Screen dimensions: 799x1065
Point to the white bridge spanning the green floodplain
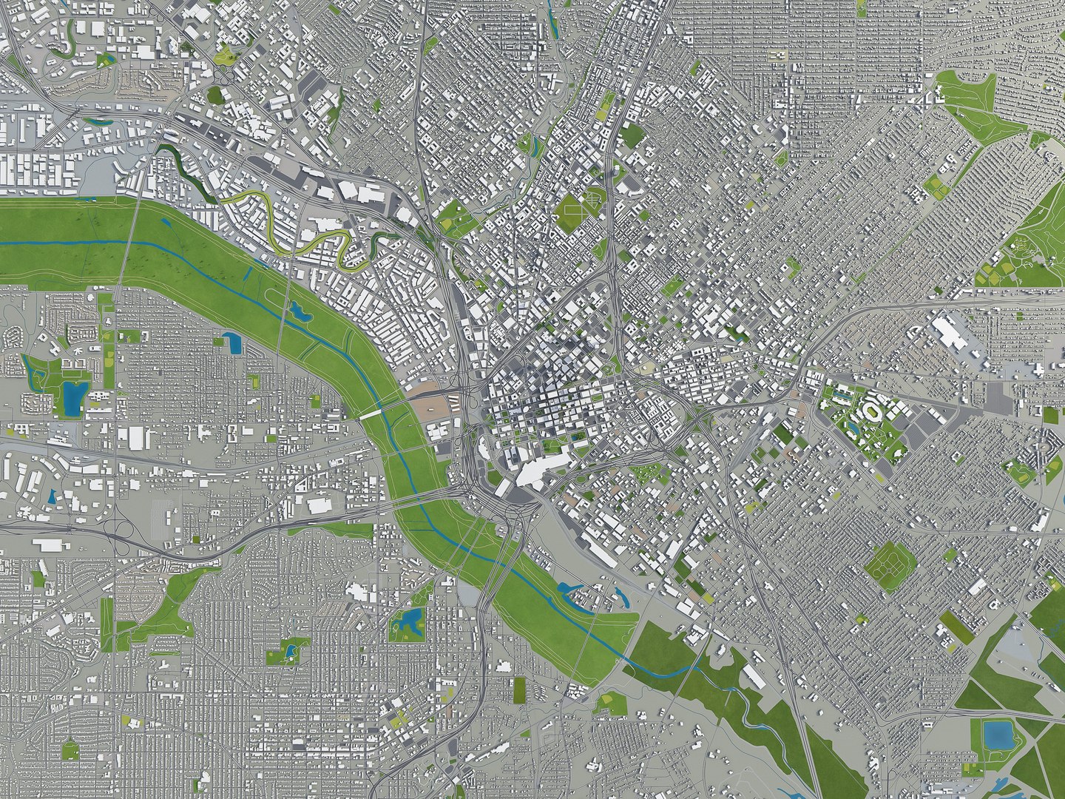(371, 416)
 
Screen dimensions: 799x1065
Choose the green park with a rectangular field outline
(573, 211)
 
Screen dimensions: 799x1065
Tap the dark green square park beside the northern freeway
(632, 136)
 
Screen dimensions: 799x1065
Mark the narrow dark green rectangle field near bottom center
(520, 690)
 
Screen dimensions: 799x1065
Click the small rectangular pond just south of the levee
(231, 342)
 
